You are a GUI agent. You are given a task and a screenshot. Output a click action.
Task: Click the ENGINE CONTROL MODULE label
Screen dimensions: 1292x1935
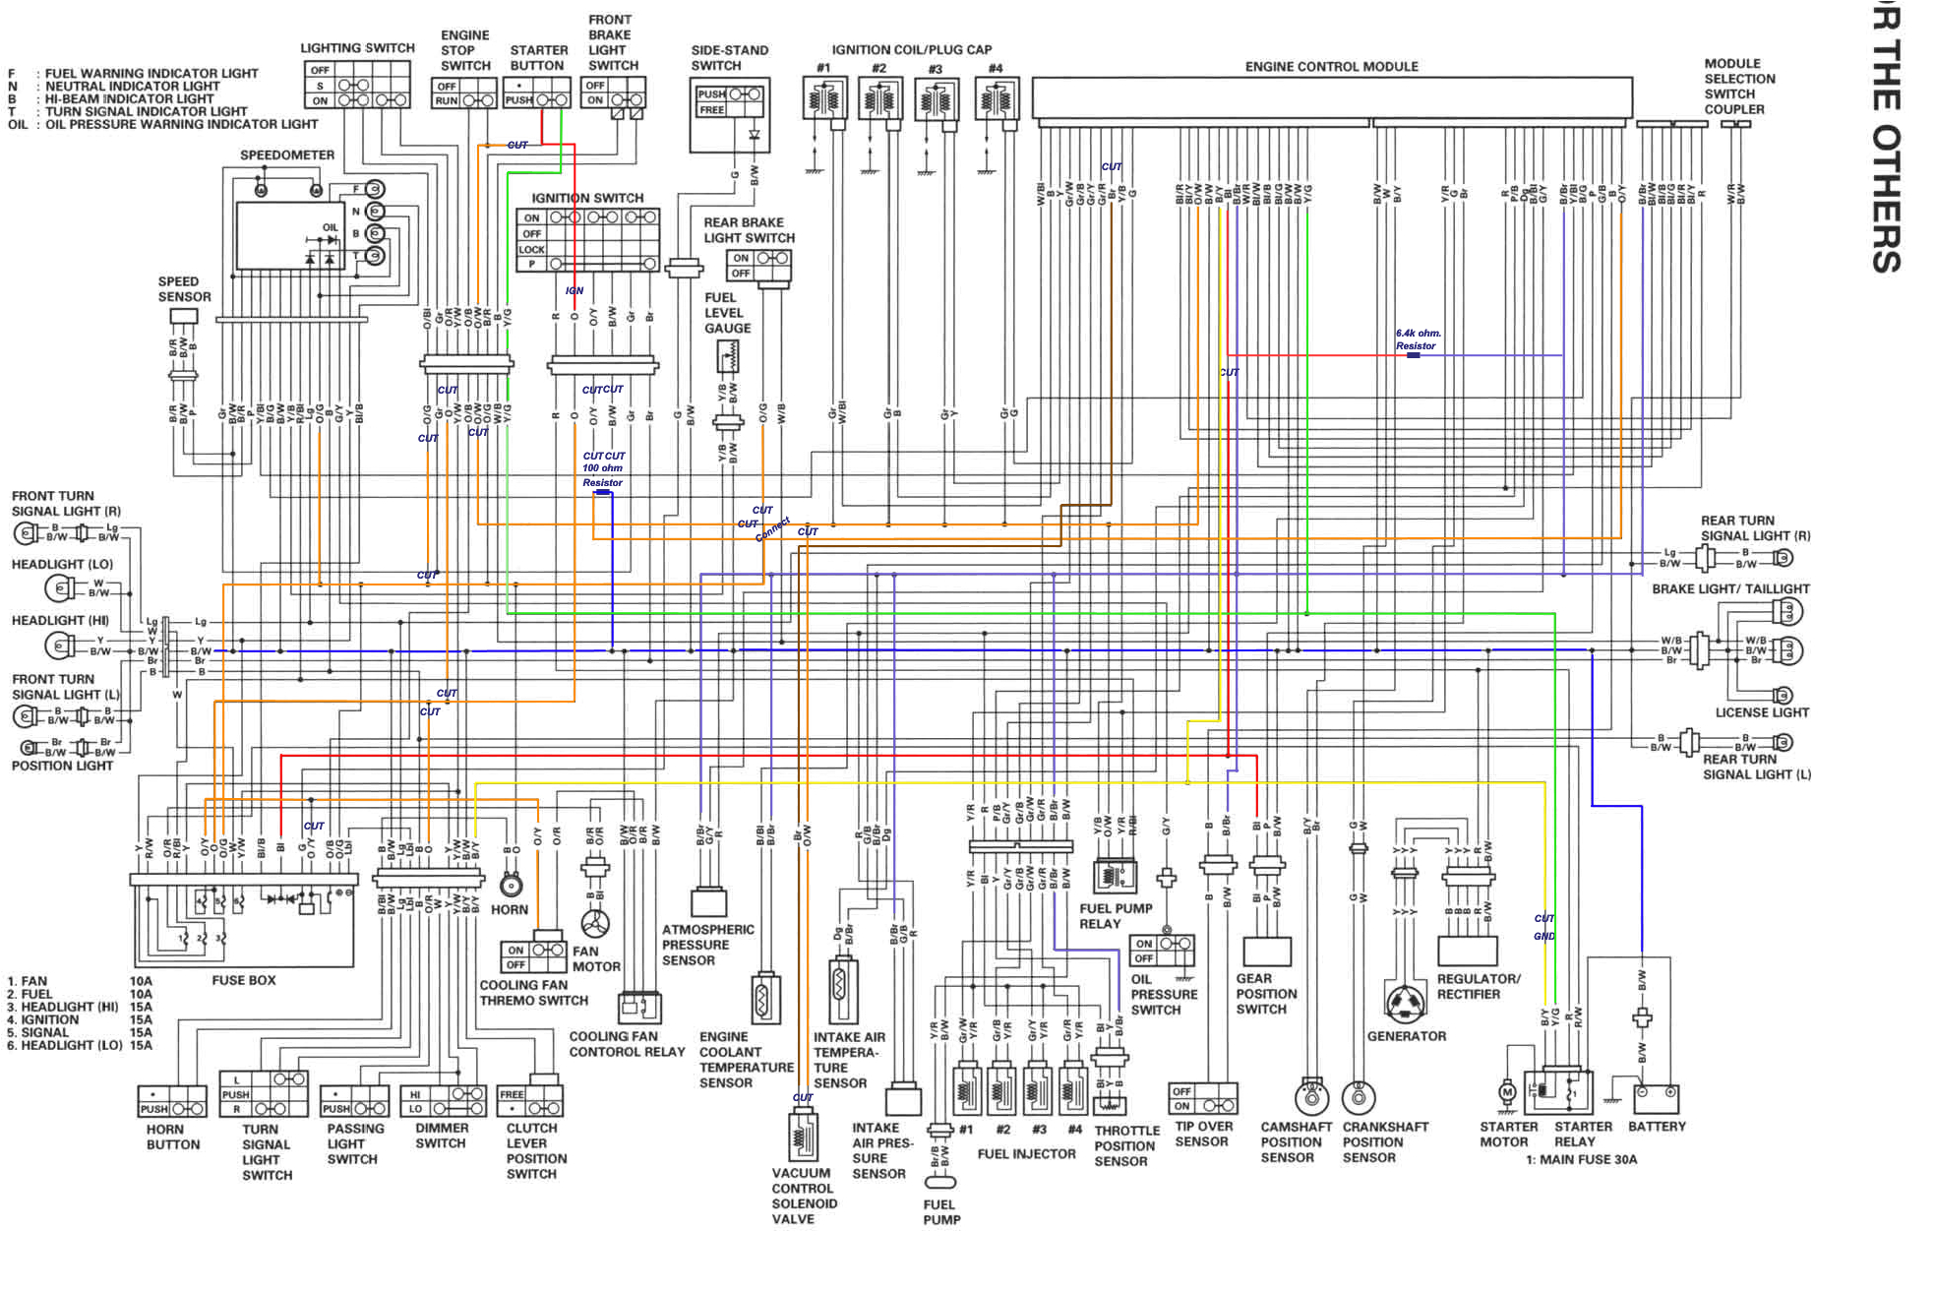[x=1331, y=67]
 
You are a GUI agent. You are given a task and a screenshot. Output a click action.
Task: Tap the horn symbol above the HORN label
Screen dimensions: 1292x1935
[x=511, y=885]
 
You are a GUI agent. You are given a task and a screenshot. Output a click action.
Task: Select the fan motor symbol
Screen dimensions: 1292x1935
[x=595, y=924]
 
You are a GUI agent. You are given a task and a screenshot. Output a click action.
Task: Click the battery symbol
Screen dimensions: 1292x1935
[x=1657, y=1097]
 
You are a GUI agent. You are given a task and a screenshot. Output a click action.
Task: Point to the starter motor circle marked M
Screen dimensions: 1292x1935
[x=1507, y=1091]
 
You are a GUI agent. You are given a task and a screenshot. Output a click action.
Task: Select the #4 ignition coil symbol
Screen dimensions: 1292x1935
[x=997, y=100]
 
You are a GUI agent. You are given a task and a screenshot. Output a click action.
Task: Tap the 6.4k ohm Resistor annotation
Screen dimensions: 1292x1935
[x=1417, y=339]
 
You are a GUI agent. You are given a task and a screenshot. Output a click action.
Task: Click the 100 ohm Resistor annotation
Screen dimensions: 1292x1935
[x=602, y=475]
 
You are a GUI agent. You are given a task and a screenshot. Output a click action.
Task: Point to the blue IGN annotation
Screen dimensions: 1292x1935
[x=574, y=290]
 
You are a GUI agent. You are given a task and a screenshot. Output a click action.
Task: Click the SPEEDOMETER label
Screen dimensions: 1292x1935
[x=287, y=155]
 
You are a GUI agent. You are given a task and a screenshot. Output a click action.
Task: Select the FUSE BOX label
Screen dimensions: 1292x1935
[x=244, y=980]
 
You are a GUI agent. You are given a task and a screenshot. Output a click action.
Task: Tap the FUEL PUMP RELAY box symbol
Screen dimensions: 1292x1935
[x=1115, y=876]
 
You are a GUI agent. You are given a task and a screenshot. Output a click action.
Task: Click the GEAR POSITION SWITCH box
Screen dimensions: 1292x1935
[x=1267, y=952]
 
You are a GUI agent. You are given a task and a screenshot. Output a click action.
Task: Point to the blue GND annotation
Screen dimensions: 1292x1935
[x=1543, y=936]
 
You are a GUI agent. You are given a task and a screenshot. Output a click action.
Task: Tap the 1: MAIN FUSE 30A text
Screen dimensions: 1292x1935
[x=1581, y=1159]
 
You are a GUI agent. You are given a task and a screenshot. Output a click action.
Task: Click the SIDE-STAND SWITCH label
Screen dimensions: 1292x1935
[x=729, y=58]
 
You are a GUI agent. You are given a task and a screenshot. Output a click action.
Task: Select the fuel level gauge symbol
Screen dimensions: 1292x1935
[x=728, y=356]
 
